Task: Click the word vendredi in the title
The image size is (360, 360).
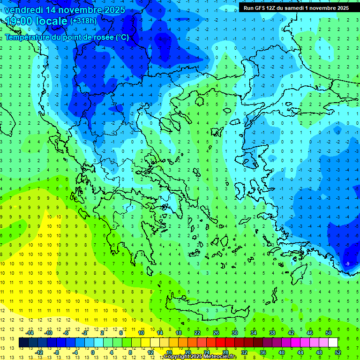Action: pos(24,9)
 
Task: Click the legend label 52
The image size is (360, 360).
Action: pos(338,352)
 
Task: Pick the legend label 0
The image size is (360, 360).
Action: pos(92,352)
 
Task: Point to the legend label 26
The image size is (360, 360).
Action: pos(216,333)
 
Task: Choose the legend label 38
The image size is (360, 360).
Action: pos(272,333)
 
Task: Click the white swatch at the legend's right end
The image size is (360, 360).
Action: pos(333,343)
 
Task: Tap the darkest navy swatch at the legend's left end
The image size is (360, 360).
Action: pos(23,343)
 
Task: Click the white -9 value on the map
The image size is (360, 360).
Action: pos(347,264)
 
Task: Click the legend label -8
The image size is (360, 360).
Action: pos(57,352)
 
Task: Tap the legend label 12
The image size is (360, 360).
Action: pos(150,352)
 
